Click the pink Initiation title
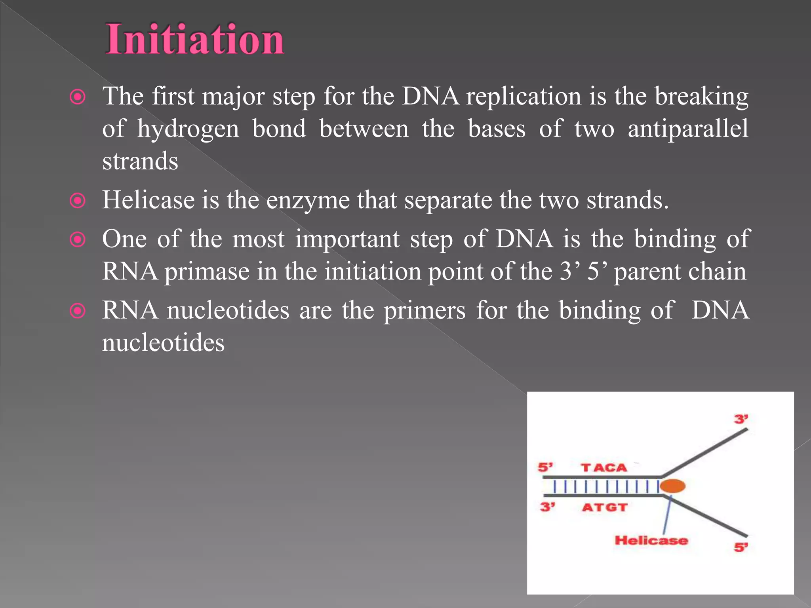194,40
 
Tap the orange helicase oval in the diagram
672,486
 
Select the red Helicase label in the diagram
651,540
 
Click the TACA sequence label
604,468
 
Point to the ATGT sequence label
605,507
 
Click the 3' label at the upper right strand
741,419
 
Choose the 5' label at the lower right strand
741,547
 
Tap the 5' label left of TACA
545,467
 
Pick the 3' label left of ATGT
547,507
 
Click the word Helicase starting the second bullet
148,200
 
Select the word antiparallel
688,129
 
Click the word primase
207,272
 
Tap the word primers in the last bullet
425,311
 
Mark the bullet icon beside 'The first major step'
78,97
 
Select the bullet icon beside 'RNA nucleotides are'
78,311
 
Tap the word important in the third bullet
347,239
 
